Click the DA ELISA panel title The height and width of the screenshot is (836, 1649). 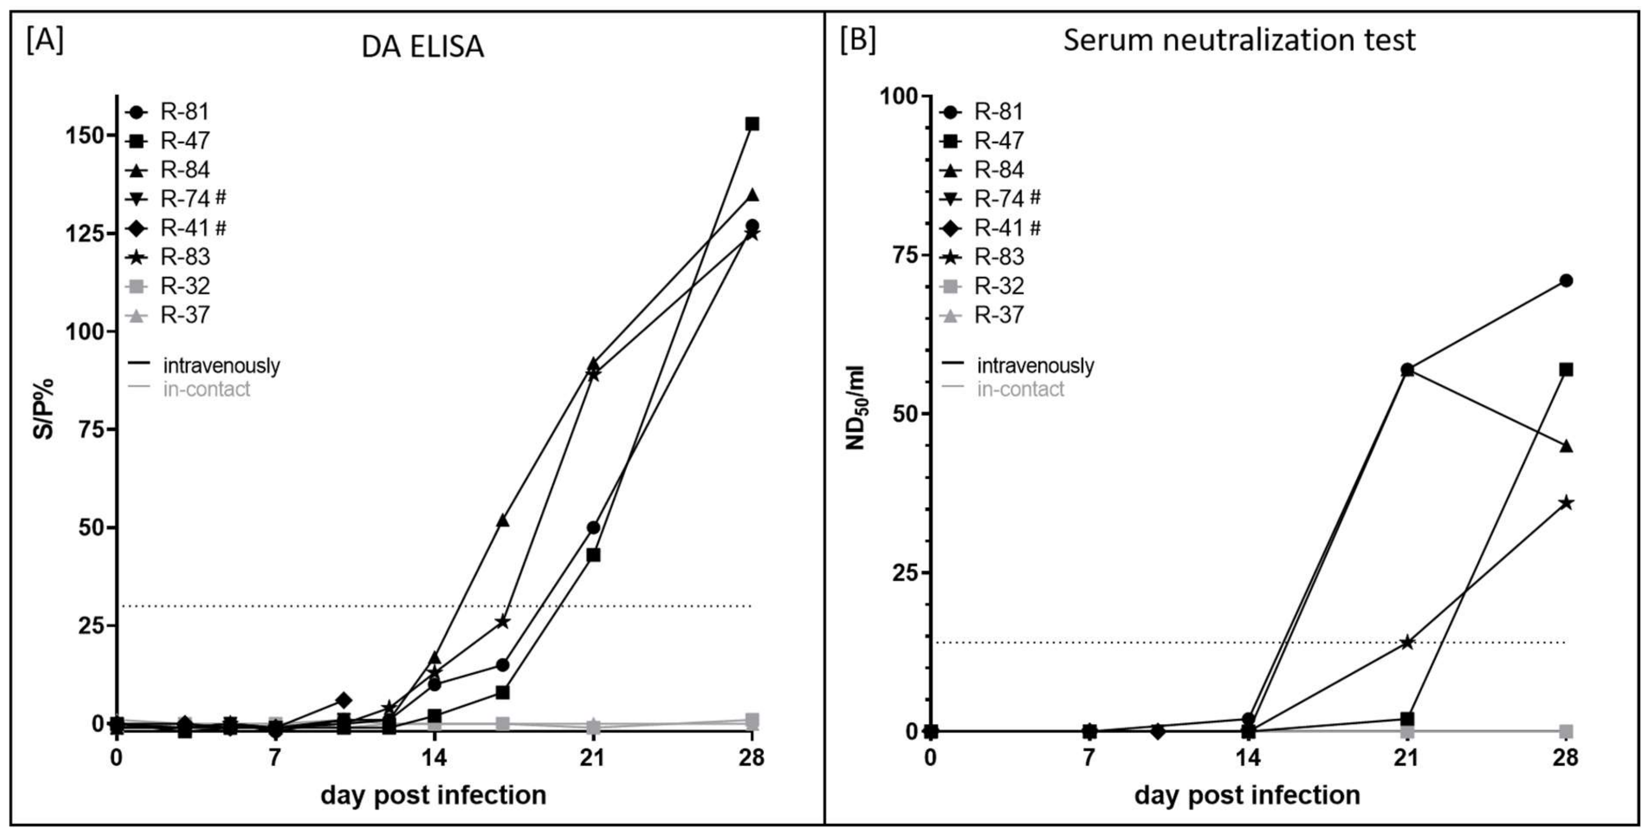pyautogui.click(x=423, y=46)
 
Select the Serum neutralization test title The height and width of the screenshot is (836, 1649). pyautogui.click(x=1239, y=41)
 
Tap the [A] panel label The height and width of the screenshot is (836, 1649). pyautogui.click(x=44, y=41)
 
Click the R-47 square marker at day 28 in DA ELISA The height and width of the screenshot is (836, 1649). pyautogui.click(x=752, y=124)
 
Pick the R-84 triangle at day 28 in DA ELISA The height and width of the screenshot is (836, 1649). pyautogui.click(x=752, y=195)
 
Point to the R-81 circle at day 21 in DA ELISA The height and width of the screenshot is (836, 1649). pyautogui.click(x=593, y=527)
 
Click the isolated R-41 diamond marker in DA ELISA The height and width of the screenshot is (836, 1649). pyautogui.click(x=344, y=700)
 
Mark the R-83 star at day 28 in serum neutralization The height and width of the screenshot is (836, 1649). pyautogui.click(x=1566, y=503)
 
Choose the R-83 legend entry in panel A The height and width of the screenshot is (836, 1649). pyautogui.click(x=184, y=257)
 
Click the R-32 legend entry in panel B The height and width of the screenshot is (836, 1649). pyautogui.click(x=998, y=286)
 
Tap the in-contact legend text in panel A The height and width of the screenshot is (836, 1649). pyautogui.click(x=206, y=389)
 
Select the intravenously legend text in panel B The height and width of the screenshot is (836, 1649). pyautogui.click(x=1035, y=366)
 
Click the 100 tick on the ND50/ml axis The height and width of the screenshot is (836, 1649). pyautogui.click(x=898, y=96)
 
